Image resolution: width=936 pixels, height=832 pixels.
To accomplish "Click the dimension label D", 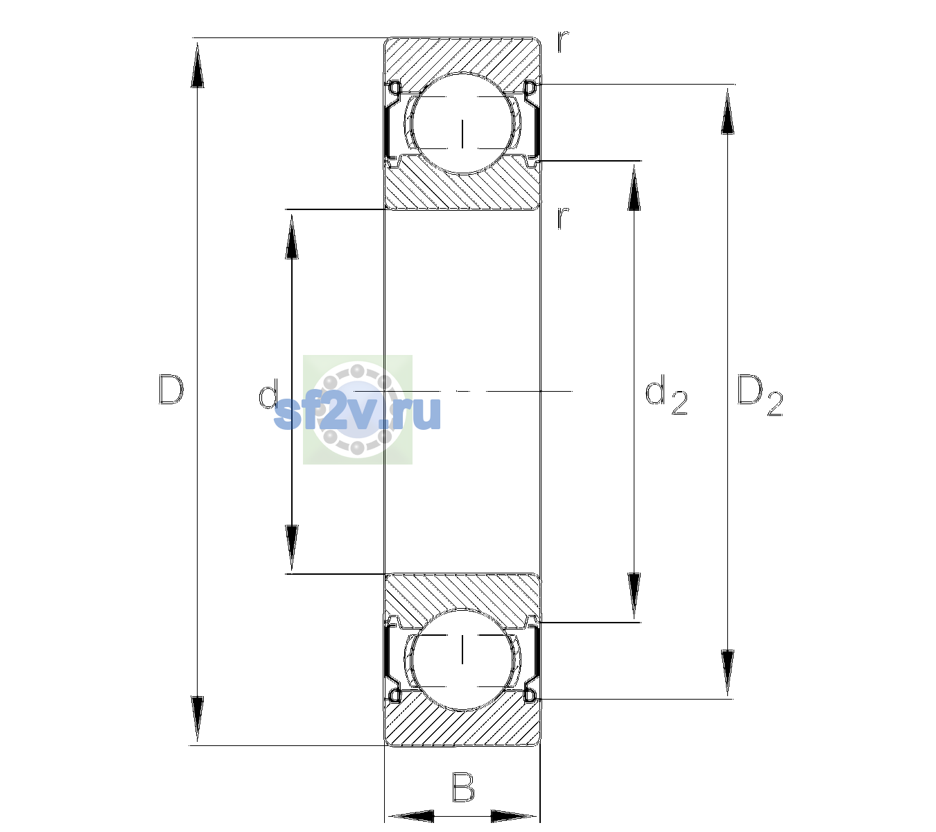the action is coord(171,390).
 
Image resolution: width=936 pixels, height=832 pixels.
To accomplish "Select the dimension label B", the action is coord(463,787).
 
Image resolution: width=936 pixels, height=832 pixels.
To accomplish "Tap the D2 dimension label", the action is coord(760,395).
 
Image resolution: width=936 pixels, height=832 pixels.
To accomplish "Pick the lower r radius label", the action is coord(562,218).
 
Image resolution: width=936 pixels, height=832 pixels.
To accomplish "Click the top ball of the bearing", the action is coord(462,123).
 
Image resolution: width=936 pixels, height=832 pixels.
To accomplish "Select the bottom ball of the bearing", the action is coord(462,659).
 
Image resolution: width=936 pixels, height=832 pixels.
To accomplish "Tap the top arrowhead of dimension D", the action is coord(198,64).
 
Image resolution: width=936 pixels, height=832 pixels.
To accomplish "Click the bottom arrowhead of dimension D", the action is coord(198,718).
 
